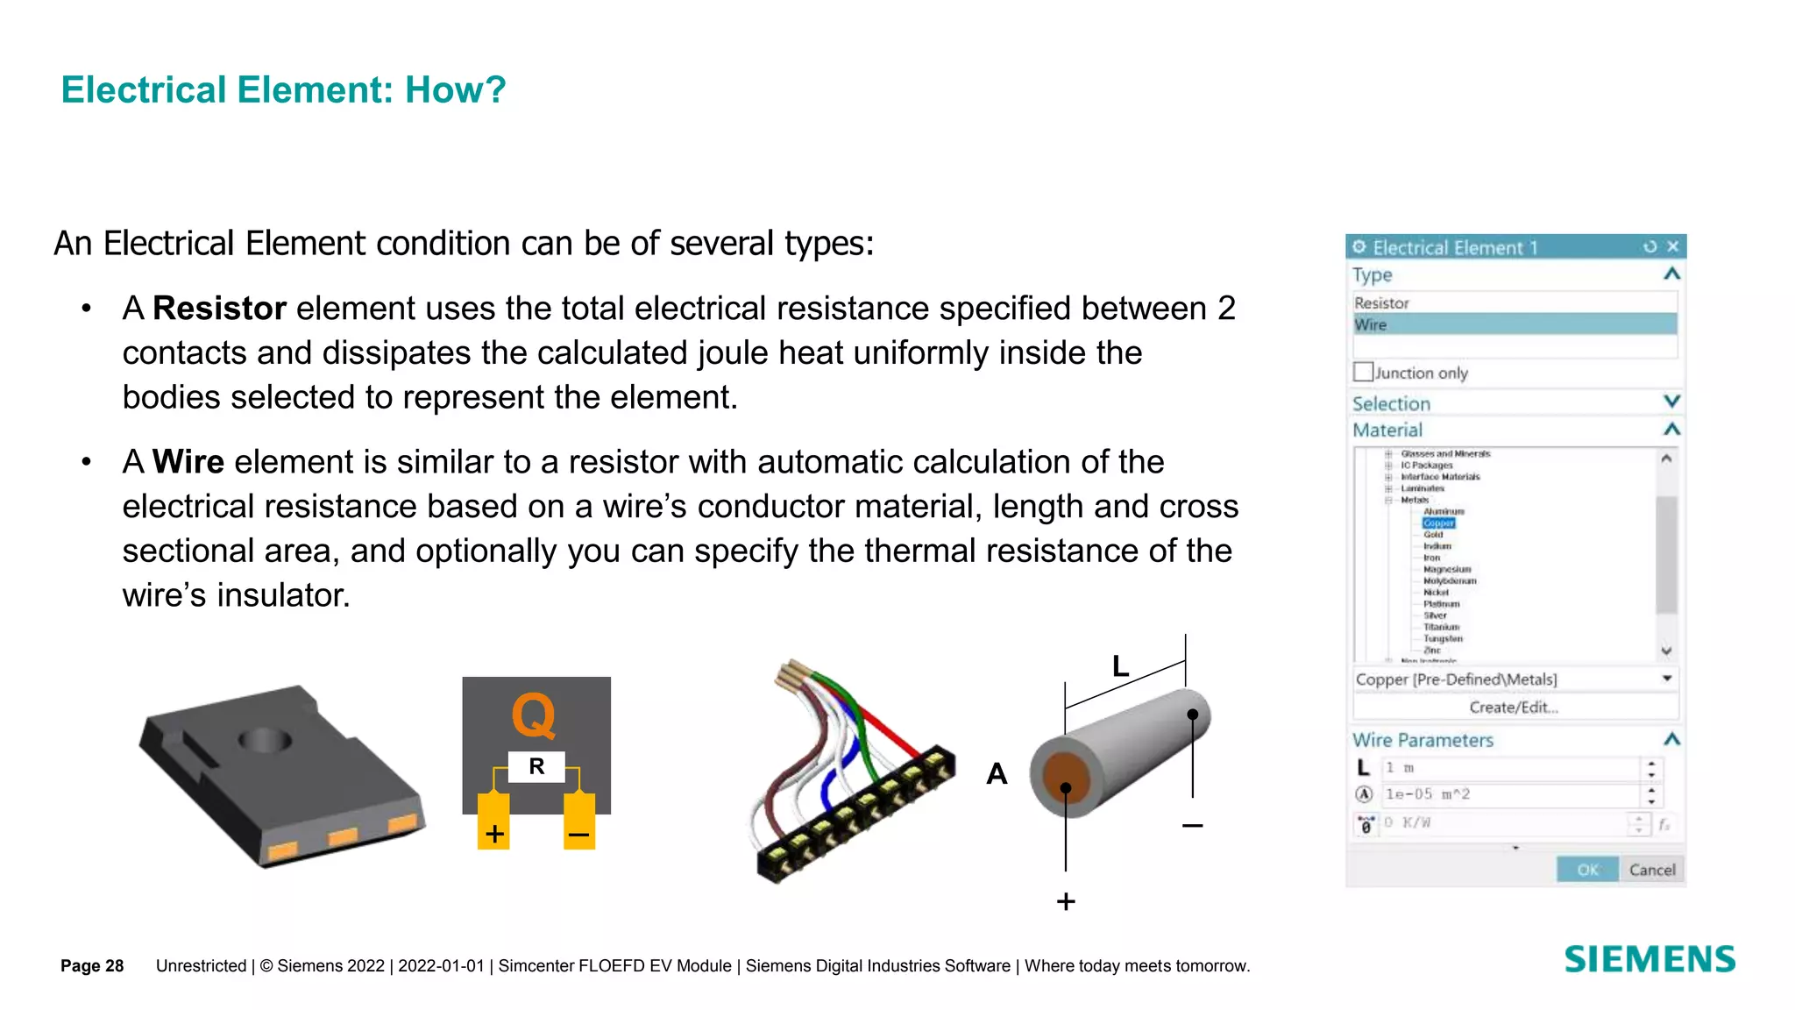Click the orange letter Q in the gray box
[534, 715]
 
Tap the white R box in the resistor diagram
[536, 766]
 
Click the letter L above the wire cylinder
[1120, 666]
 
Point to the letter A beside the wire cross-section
[997, 774]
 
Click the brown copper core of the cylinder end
[1064, 778]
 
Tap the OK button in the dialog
[1587, 869]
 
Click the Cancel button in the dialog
[1651, 869]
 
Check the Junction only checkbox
[1363, 372]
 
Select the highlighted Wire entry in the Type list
[1515, 324]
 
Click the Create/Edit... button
[1515, 707]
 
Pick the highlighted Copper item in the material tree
[1438, 523]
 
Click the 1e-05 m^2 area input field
[1509, 794]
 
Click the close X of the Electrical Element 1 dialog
[1672, 246]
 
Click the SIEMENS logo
[1650, 959]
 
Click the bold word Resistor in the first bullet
[219, 309]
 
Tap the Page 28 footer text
[92, 965]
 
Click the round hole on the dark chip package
[265, 740]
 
